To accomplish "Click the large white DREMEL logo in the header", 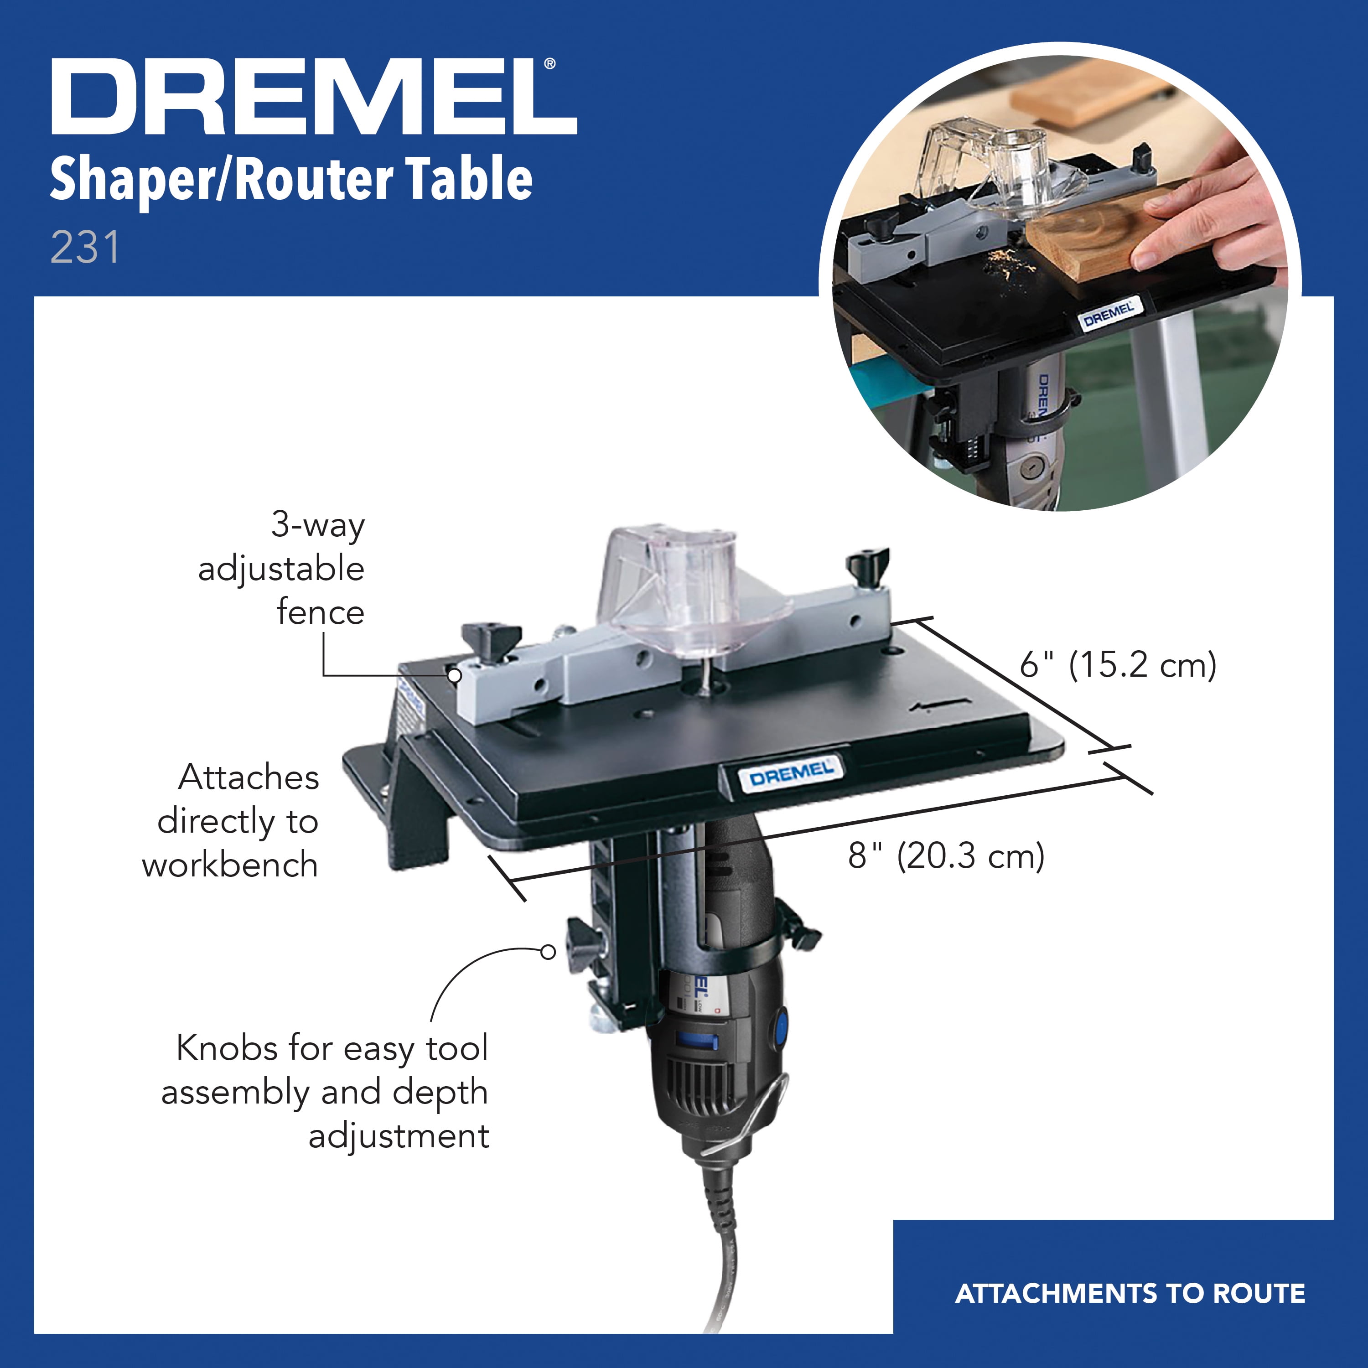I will pos(314,97).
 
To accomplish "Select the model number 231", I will pos(85,248).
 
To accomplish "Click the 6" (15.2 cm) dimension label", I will pos(1117,665).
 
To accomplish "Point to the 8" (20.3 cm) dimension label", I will pos(946,855).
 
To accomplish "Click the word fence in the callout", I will pos(320,612).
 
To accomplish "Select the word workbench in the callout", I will pos(230,865).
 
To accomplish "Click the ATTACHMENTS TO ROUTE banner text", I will pos(1130,1294).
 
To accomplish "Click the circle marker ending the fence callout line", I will pos(455,675).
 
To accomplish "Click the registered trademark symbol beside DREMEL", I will pos(550,64).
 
